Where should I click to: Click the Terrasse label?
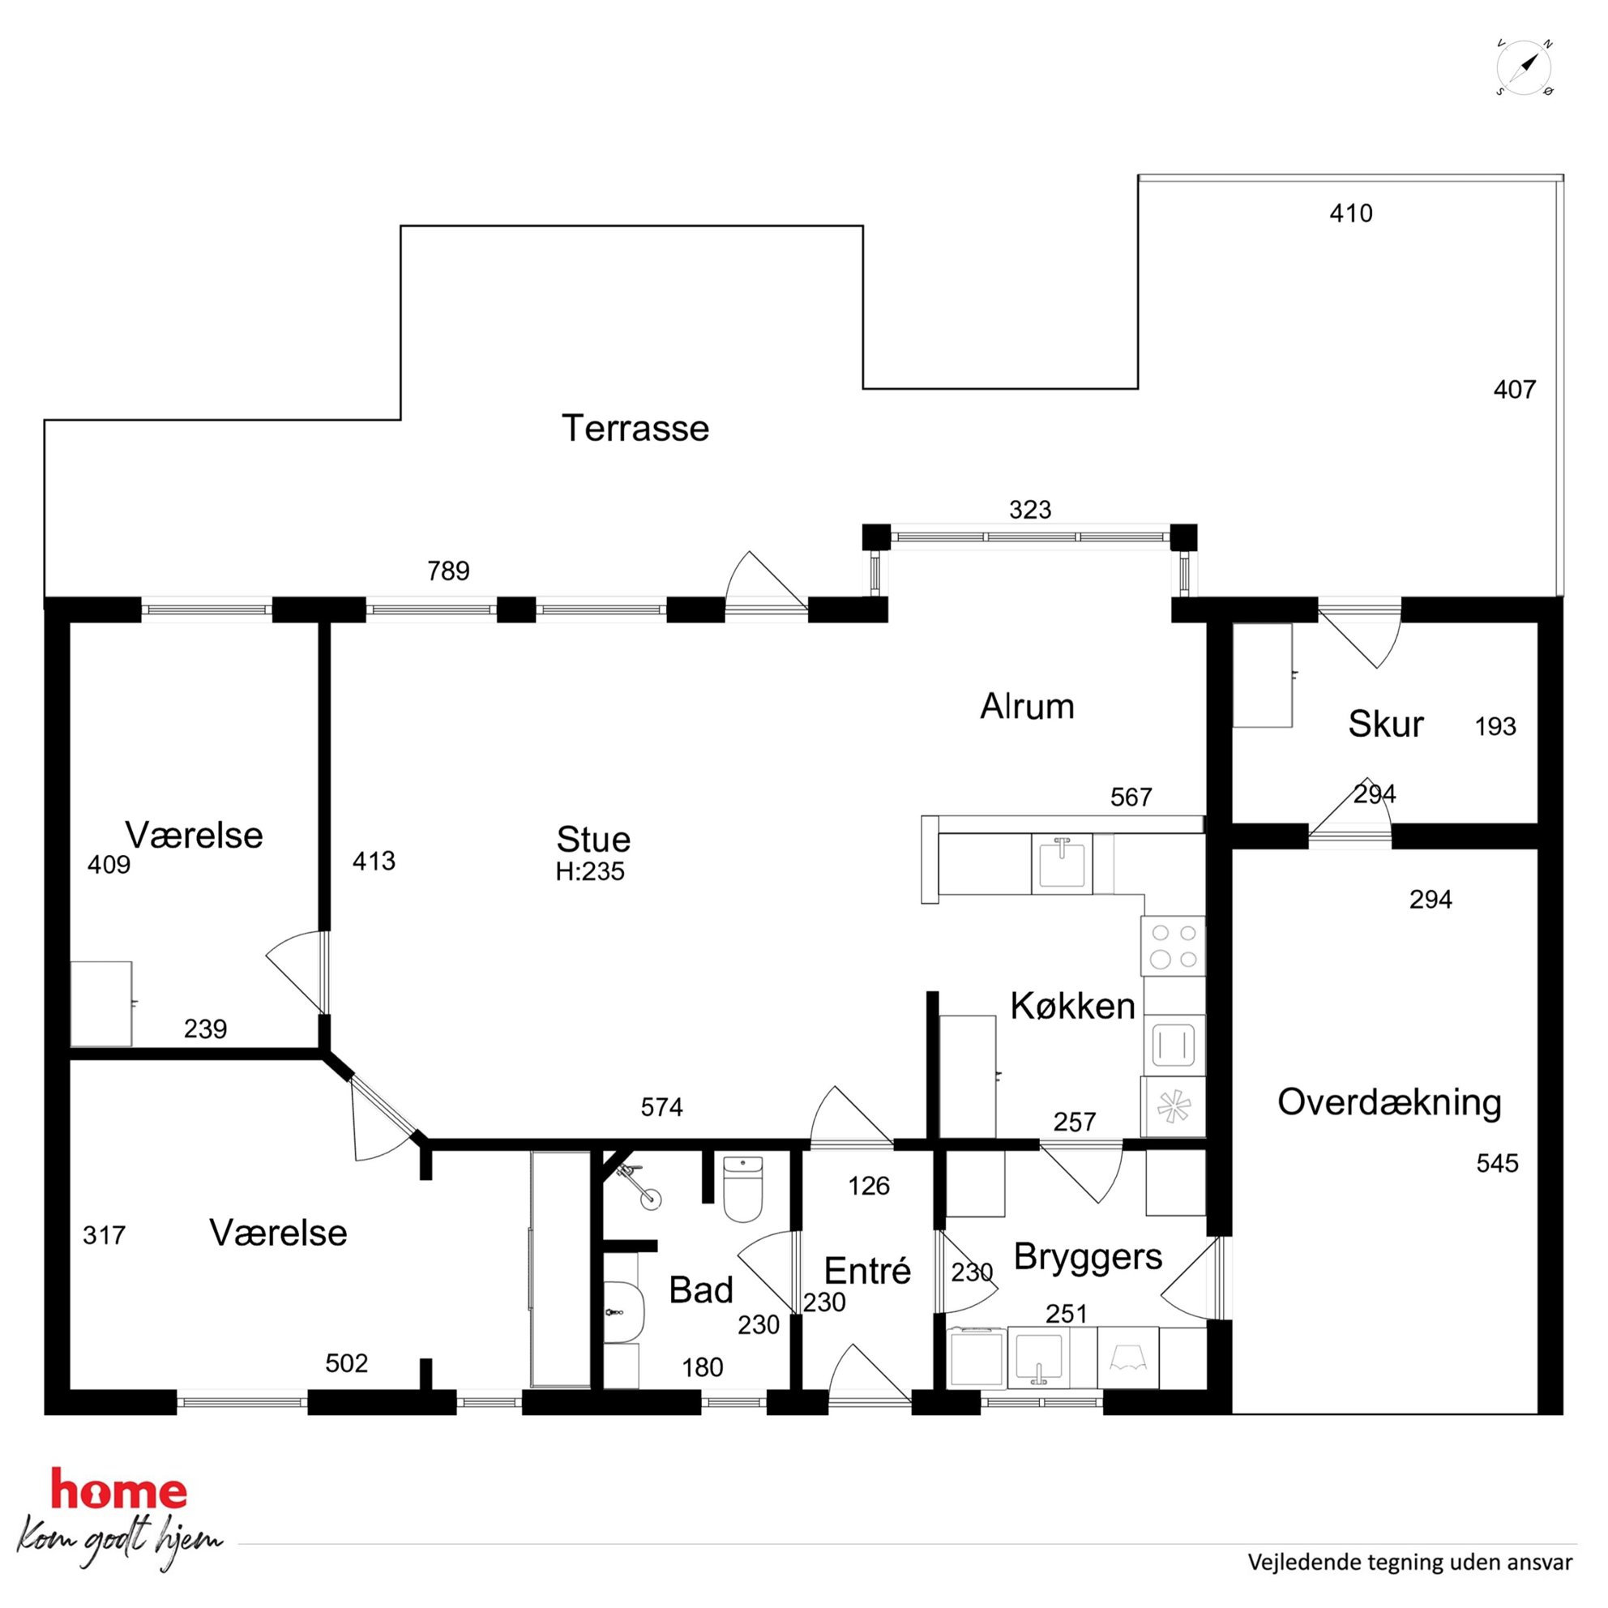tap(635, 429)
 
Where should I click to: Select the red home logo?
tap(119, 1489)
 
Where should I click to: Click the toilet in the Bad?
tap(742, 1189)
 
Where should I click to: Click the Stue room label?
tap(593, 839)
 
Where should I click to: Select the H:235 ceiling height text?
tap(590, 871)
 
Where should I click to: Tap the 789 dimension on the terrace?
tap(449, 571)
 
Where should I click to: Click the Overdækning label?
tap(1389, 1102)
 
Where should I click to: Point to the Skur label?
tap(1386, 724)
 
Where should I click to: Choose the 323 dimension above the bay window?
tap(1030, 509)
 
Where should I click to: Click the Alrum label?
tap(1027, 706)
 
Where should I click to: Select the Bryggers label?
tap(1088, 1257)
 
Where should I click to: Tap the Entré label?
tap(867, 1271)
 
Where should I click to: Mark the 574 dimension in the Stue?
tap(661, 1107)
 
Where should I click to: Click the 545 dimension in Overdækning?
tap(1497, 1163)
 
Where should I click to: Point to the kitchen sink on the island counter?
tap(1061, 864)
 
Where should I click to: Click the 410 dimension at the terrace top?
tap(1351, 214)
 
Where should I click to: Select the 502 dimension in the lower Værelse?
tap(346, 1362)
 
